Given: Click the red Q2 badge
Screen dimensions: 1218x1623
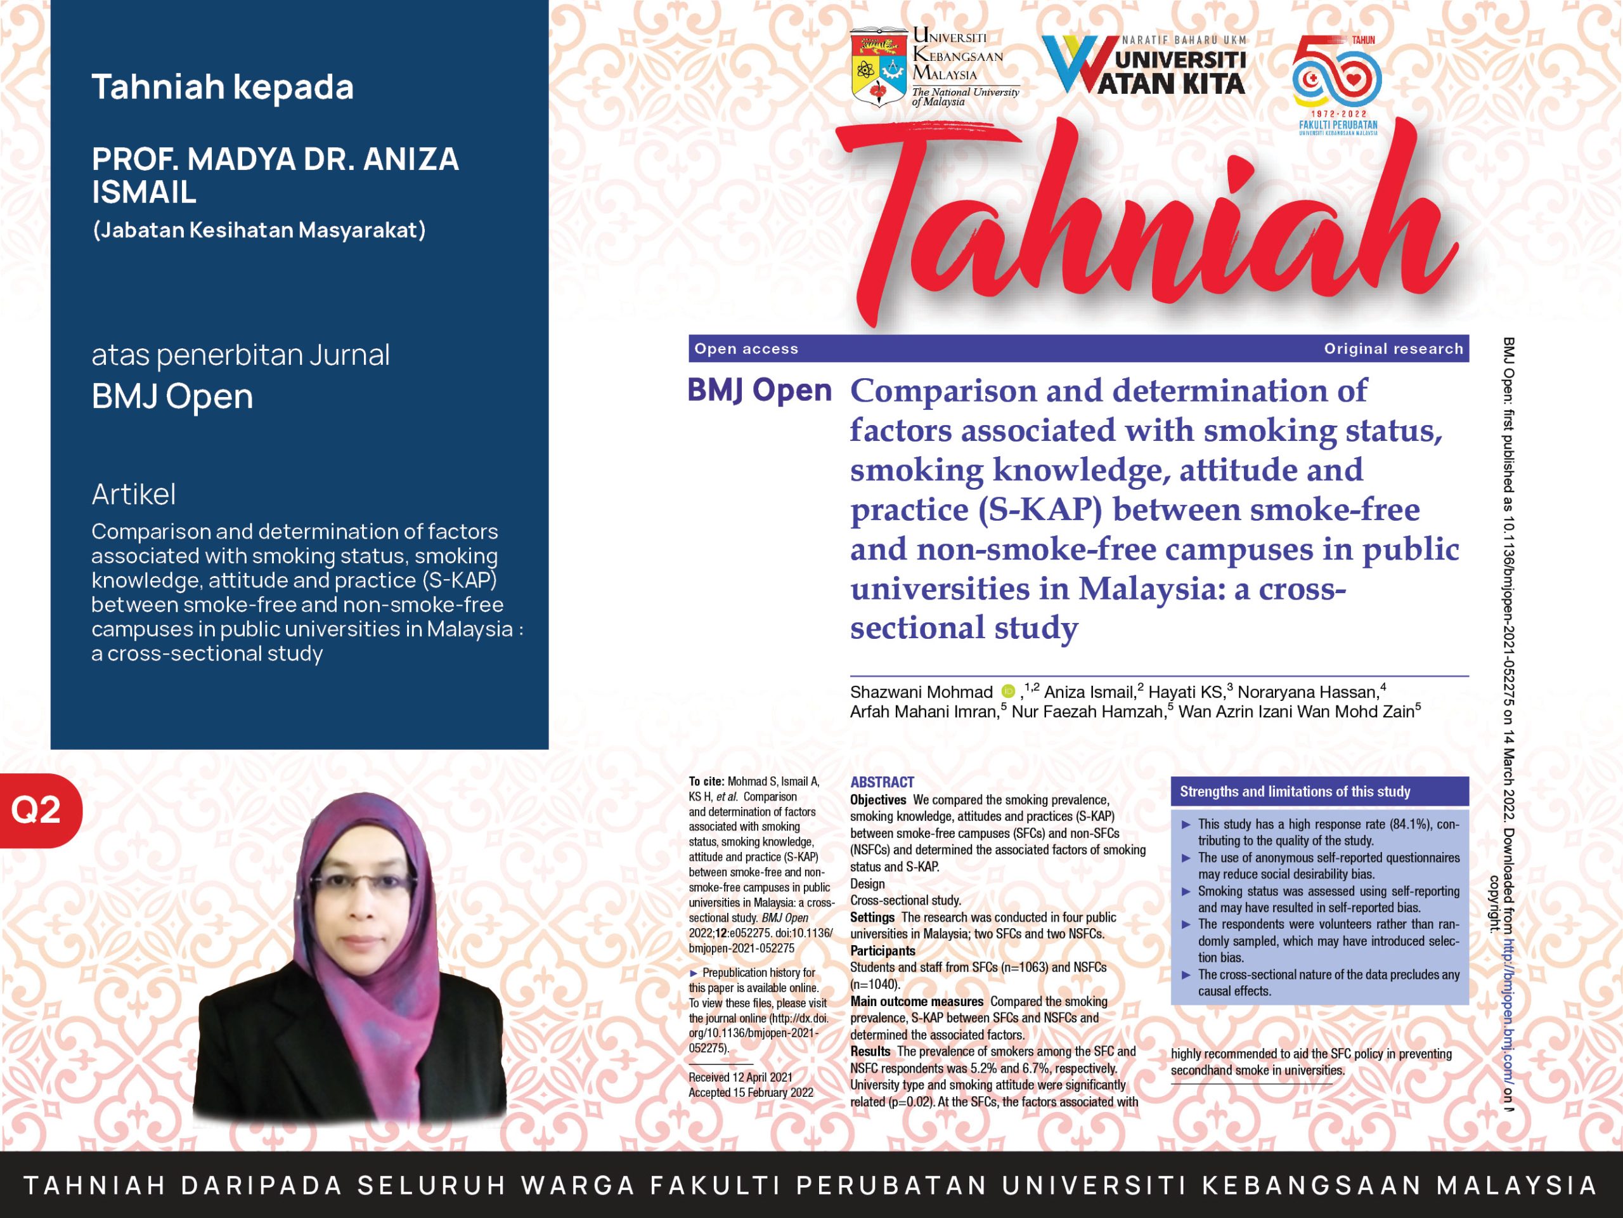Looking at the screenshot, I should (x=38, y=810).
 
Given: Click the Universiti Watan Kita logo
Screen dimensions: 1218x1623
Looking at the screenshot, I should (x=1147, y=67).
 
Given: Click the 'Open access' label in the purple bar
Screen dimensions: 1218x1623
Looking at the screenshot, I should (x=746, y=349).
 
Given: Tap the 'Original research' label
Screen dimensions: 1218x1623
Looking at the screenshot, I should (x=1393, y=349).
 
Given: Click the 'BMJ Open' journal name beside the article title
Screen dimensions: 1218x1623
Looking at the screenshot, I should (x=760, y=390).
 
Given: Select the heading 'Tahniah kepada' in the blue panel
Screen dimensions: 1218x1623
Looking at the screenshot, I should (x=223, y=88).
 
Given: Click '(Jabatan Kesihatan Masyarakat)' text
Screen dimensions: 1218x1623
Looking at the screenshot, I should (x=258, y=230).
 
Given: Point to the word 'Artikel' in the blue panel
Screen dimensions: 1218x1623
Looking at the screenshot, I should (x=134, y=495).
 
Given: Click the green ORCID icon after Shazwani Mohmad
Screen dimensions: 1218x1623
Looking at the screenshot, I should (x=1008, y=691).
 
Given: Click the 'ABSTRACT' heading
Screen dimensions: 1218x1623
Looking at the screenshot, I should (x=882, y=782).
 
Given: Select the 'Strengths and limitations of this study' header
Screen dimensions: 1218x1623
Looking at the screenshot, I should (x=1295, y=792).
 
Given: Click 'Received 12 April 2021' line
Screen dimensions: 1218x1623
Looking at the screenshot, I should (x=740, y=1077).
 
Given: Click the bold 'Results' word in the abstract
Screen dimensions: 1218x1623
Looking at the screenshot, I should (x=870, y=1051).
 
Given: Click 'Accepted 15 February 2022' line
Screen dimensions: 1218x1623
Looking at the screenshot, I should (x=751, y=1092).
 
